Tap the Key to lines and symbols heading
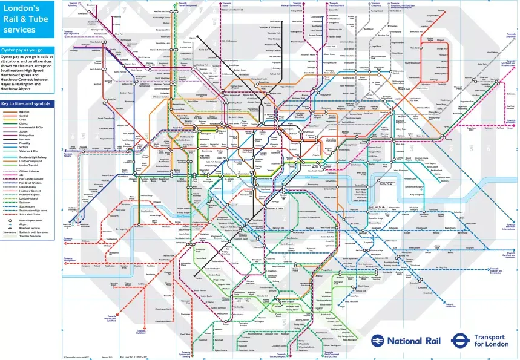pos(26,103)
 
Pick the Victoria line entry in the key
pos(23,146)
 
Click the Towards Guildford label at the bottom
pos(141,331)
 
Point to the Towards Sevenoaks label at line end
pos(450,305)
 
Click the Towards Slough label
pos(68,154)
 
